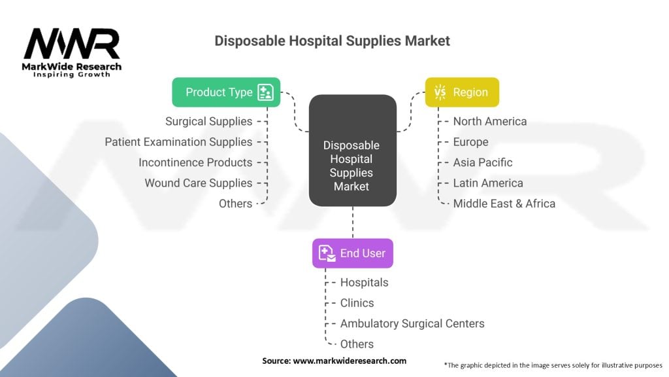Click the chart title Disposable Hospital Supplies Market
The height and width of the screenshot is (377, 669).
(x=332, y=41)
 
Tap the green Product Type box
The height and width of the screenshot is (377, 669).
(x=226, y=92)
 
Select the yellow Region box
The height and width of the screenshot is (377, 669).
(x=462, y=92)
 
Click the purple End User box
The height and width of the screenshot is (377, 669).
(x=353, y=253)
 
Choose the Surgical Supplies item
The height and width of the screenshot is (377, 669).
(x=208, y=121)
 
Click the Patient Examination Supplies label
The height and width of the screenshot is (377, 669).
(x=178, y=142)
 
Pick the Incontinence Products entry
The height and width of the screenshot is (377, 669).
(x=195, y=162)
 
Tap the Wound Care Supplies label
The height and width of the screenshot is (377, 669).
(x=199, y=183)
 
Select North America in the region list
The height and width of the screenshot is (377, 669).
(x=489, y=121)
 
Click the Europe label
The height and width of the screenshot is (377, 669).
(x=470, y=142)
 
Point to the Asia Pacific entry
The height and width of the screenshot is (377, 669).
(x=483, y=162)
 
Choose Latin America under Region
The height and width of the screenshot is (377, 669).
(x=488, y=183)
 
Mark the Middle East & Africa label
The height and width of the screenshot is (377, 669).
(x=504, y=204)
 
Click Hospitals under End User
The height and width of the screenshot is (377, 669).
(x=364, y=283)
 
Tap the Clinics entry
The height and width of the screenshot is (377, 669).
(x=357, y=303)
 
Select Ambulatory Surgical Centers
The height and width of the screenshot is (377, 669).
(x=412, y=323)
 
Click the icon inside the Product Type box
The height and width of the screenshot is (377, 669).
(x=265, y=92)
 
